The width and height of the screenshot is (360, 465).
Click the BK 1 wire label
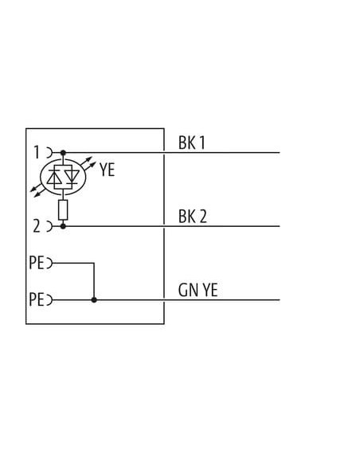pos(192,143)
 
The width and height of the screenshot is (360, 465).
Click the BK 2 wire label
pos(193,217)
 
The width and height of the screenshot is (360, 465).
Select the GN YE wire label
pos(198,290)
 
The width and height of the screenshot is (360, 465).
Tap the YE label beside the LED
pos(107,170)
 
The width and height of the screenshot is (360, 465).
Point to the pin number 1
pos(37,152)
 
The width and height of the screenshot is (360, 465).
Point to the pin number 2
pos(37,226)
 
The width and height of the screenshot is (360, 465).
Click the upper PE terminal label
pos(37,263)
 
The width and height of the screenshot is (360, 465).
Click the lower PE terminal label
pos(37,299)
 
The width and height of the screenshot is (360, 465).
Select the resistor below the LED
pos(63,210)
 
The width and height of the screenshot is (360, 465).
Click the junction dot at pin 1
pos(63,153)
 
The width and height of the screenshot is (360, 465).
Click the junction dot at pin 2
pos(63,226)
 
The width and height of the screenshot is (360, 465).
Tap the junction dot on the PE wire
pos(94,300)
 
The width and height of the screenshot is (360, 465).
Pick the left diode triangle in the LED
pos(54,177)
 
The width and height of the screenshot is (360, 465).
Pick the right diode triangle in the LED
pos(72,176)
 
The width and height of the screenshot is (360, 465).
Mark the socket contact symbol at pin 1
pos(50,153)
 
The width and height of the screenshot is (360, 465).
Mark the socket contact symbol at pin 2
pos(50,226)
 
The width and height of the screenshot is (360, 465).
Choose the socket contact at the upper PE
pos(50,263)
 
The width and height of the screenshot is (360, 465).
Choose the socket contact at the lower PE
pos(50,300)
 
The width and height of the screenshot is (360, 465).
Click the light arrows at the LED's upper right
pos(88,165)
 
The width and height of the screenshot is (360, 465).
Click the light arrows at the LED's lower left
pos(38,190)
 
